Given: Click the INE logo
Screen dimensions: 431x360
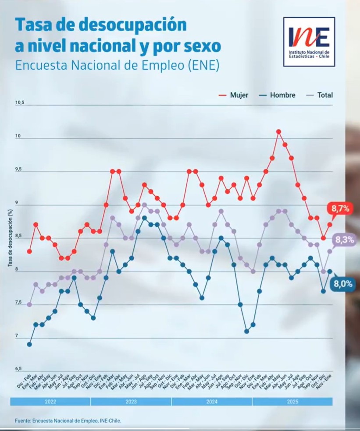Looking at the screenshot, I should [309, 42].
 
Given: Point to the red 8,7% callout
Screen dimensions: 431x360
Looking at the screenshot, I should [341, 209].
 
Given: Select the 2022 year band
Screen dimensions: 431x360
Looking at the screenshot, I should [50, 401].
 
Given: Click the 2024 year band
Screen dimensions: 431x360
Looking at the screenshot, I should [212, 401].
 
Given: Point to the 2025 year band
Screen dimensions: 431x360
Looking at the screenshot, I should [292, 401].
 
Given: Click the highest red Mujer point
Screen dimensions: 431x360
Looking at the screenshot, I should [278, 131].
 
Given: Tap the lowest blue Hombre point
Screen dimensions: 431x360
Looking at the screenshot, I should [29, 344].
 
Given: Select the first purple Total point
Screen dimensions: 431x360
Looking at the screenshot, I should [29, 304].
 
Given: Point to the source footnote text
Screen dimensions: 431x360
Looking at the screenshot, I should [68, 420].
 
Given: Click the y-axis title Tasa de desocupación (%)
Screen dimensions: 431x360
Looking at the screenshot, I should [10, 239].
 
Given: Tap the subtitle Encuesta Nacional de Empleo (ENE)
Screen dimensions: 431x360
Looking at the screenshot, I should [117, 65].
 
